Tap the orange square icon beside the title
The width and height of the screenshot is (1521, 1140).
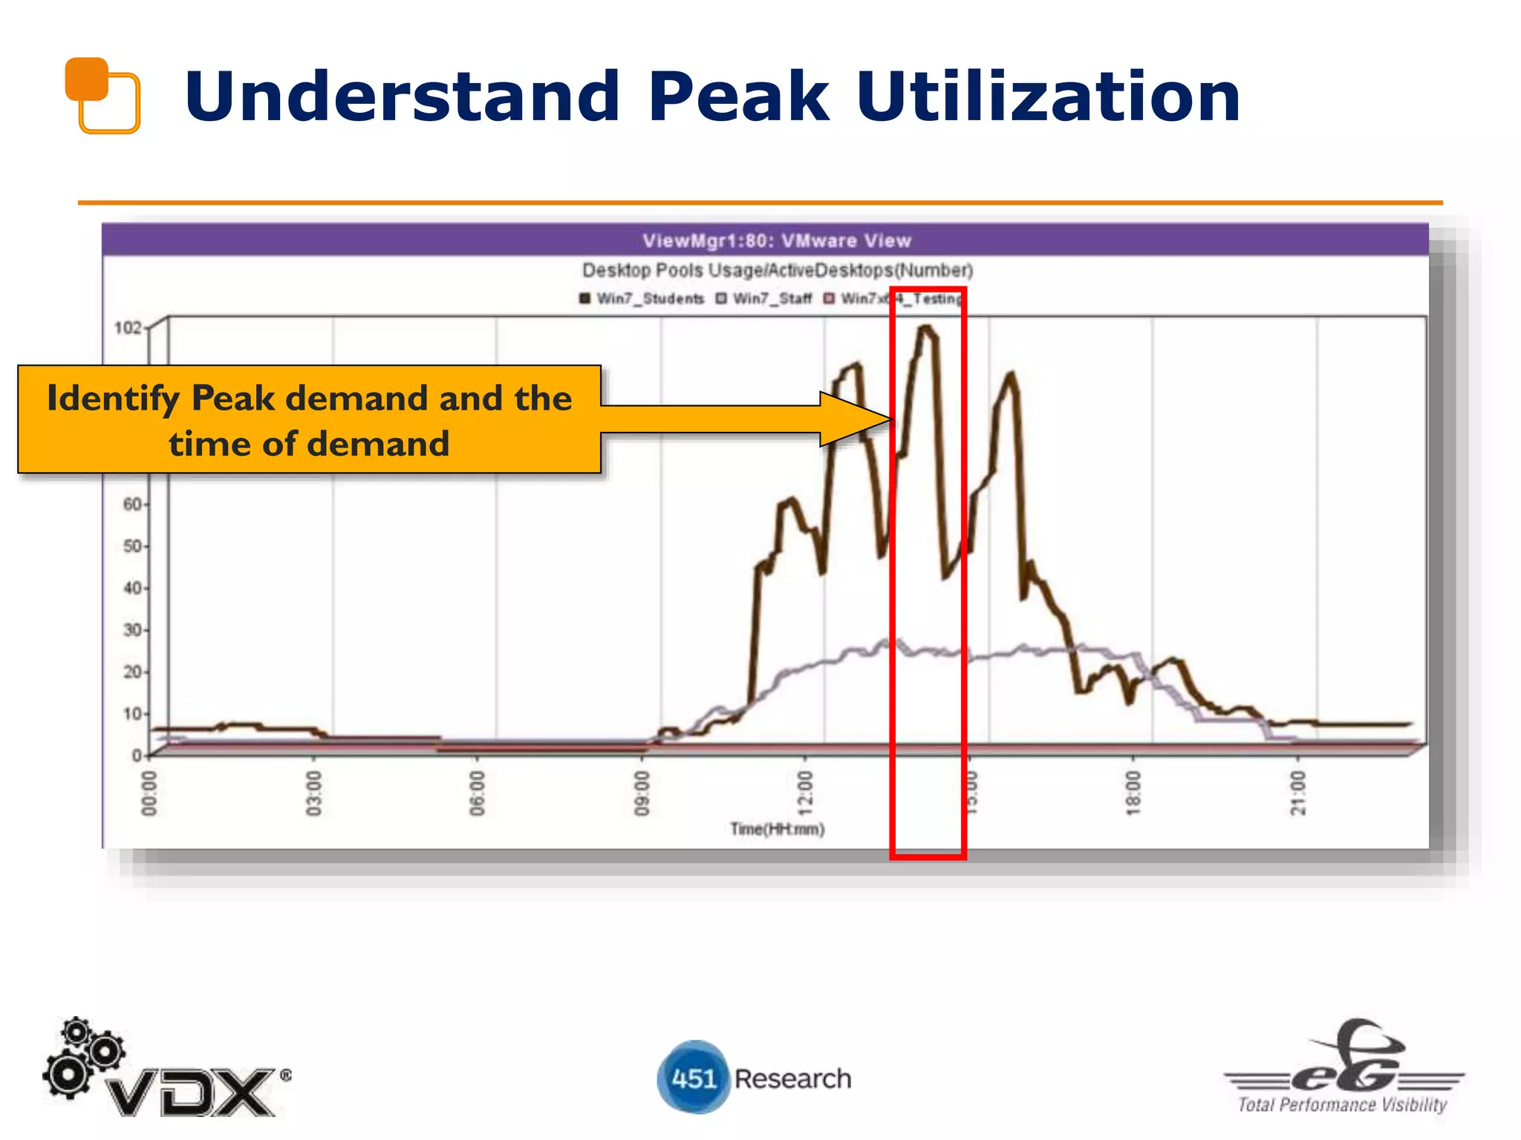(102, 95)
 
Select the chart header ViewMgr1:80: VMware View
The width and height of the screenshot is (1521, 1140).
(776, 240)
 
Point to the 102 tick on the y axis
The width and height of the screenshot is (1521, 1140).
(128, 327)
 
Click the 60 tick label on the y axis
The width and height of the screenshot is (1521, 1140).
(132, 505)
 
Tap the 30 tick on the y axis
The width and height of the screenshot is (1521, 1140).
(132, 630)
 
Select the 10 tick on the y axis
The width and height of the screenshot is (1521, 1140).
(132, 714)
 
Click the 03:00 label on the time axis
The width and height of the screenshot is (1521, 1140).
(313, 793)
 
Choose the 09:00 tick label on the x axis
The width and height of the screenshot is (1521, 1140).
(642, 793)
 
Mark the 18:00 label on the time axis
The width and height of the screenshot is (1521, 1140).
(1133, 793)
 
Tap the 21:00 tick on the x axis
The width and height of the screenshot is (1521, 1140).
(1297, 793)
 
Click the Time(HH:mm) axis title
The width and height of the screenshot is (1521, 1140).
(777, 829)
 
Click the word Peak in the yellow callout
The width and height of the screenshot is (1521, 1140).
(233, 399)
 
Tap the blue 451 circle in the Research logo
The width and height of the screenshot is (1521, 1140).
(693, 1078)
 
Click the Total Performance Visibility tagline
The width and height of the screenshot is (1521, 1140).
(1342, 1104)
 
